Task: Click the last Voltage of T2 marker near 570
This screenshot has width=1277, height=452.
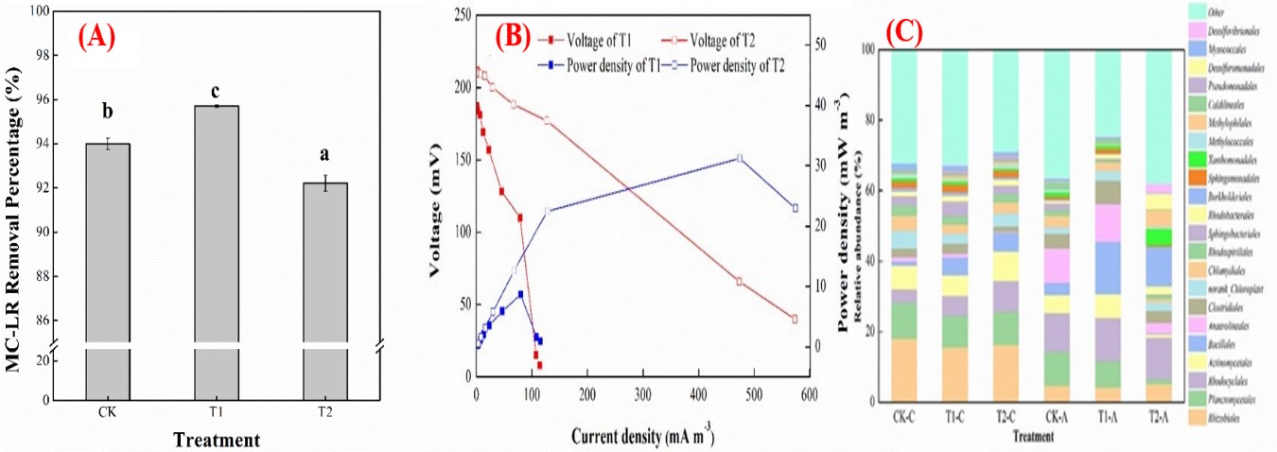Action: coord(795,319)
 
